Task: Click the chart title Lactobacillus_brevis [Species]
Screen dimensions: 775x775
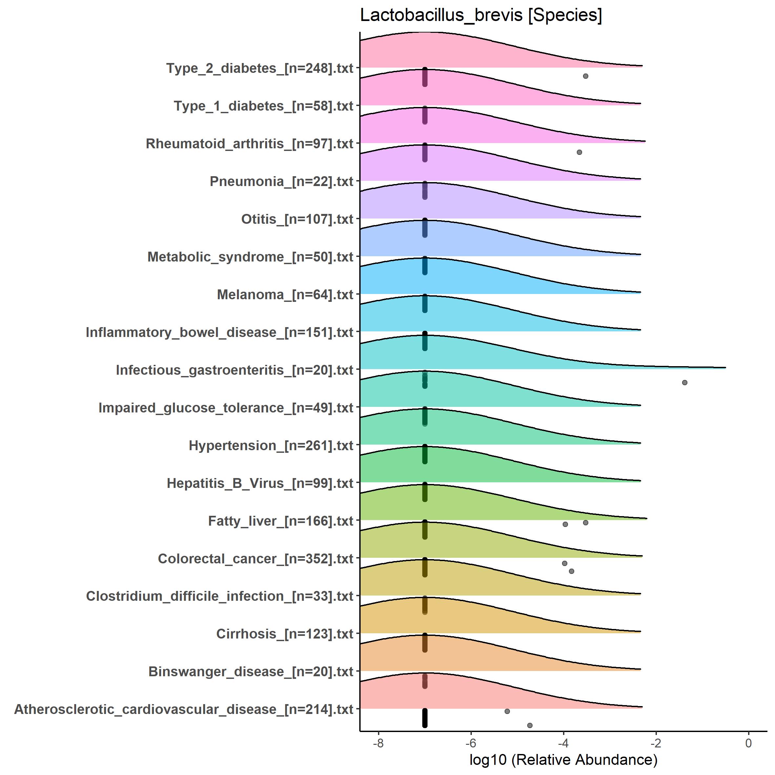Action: [481, 16]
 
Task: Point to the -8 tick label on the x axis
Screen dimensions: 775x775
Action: [378, 743]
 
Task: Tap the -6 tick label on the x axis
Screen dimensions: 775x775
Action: [471, 743]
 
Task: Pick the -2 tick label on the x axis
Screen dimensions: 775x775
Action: [656, 743]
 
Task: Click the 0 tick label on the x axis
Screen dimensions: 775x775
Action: [748, 743]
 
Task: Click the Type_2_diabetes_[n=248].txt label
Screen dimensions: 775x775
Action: [260, 68]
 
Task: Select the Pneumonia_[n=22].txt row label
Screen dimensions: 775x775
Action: [281, 181]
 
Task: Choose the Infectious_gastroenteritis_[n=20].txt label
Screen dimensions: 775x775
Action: [234, 370]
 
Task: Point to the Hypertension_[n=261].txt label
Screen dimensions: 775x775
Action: [271, 445]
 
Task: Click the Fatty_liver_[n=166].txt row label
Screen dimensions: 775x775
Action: [281, 521]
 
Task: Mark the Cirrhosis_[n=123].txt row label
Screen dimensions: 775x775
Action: [284, 634]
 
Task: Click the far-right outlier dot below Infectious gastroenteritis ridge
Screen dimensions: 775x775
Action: [685, 382]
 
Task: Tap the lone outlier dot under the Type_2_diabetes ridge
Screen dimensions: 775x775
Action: [585, 76]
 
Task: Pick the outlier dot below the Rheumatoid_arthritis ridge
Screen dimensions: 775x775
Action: [579, 152]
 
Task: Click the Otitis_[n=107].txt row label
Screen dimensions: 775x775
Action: [297, 219]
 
